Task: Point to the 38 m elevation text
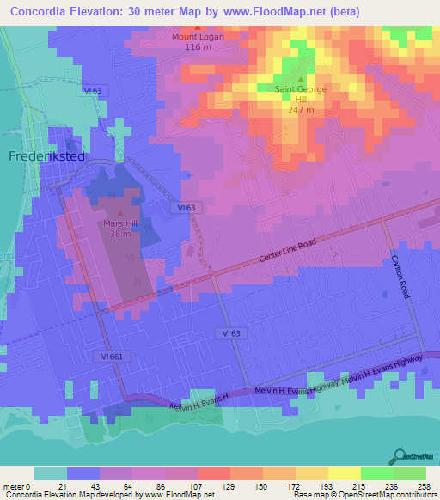(x=119, y=233)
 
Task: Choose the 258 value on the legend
(x=425, y=485)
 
